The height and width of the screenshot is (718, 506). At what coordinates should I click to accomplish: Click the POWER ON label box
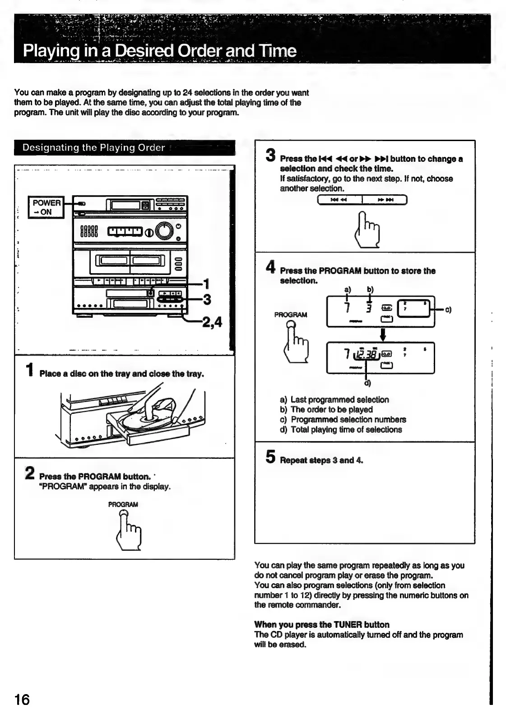46,207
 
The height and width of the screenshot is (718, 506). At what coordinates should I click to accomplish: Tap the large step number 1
30,370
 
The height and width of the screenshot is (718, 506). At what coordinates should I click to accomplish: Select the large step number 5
270,457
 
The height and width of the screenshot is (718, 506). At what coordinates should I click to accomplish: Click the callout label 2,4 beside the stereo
212,322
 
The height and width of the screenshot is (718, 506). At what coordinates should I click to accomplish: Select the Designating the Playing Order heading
94,148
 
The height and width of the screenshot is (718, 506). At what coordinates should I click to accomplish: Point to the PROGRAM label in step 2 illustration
123,504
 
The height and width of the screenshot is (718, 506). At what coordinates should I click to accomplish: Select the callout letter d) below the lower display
368,384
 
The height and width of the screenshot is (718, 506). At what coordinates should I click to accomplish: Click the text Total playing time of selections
346,430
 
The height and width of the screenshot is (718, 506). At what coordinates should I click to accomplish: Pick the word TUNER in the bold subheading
348,625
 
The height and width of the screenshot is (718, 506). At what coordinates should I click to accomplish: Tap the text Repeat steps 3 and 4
321,460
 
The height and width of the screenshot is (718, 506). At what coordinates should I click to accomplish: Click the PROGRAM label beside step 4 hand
290,315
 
